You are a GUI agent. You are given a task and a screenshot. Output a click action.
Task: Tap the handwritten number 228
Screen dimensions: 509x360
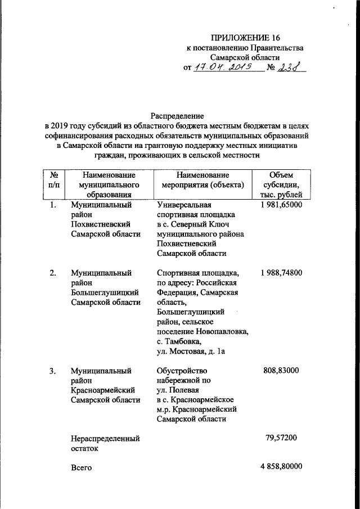(290, 67)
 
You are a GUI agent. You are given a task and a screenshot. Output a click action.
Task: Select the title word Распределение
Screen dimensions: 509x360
(177, 114)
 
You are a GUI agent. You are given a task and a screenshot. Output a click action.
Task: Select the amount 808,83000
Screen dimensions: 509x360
(283, 371)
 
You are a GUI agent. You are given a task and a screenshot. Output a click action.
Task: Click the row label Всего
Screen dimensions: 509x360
(81, 467)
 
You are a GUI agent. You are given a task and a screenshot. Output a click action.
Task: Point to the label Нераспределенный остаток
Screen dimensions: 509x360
(105, 443)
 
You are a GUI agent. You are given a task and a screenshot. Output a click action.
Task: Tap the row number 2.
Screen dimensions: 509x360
(52, 273)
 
